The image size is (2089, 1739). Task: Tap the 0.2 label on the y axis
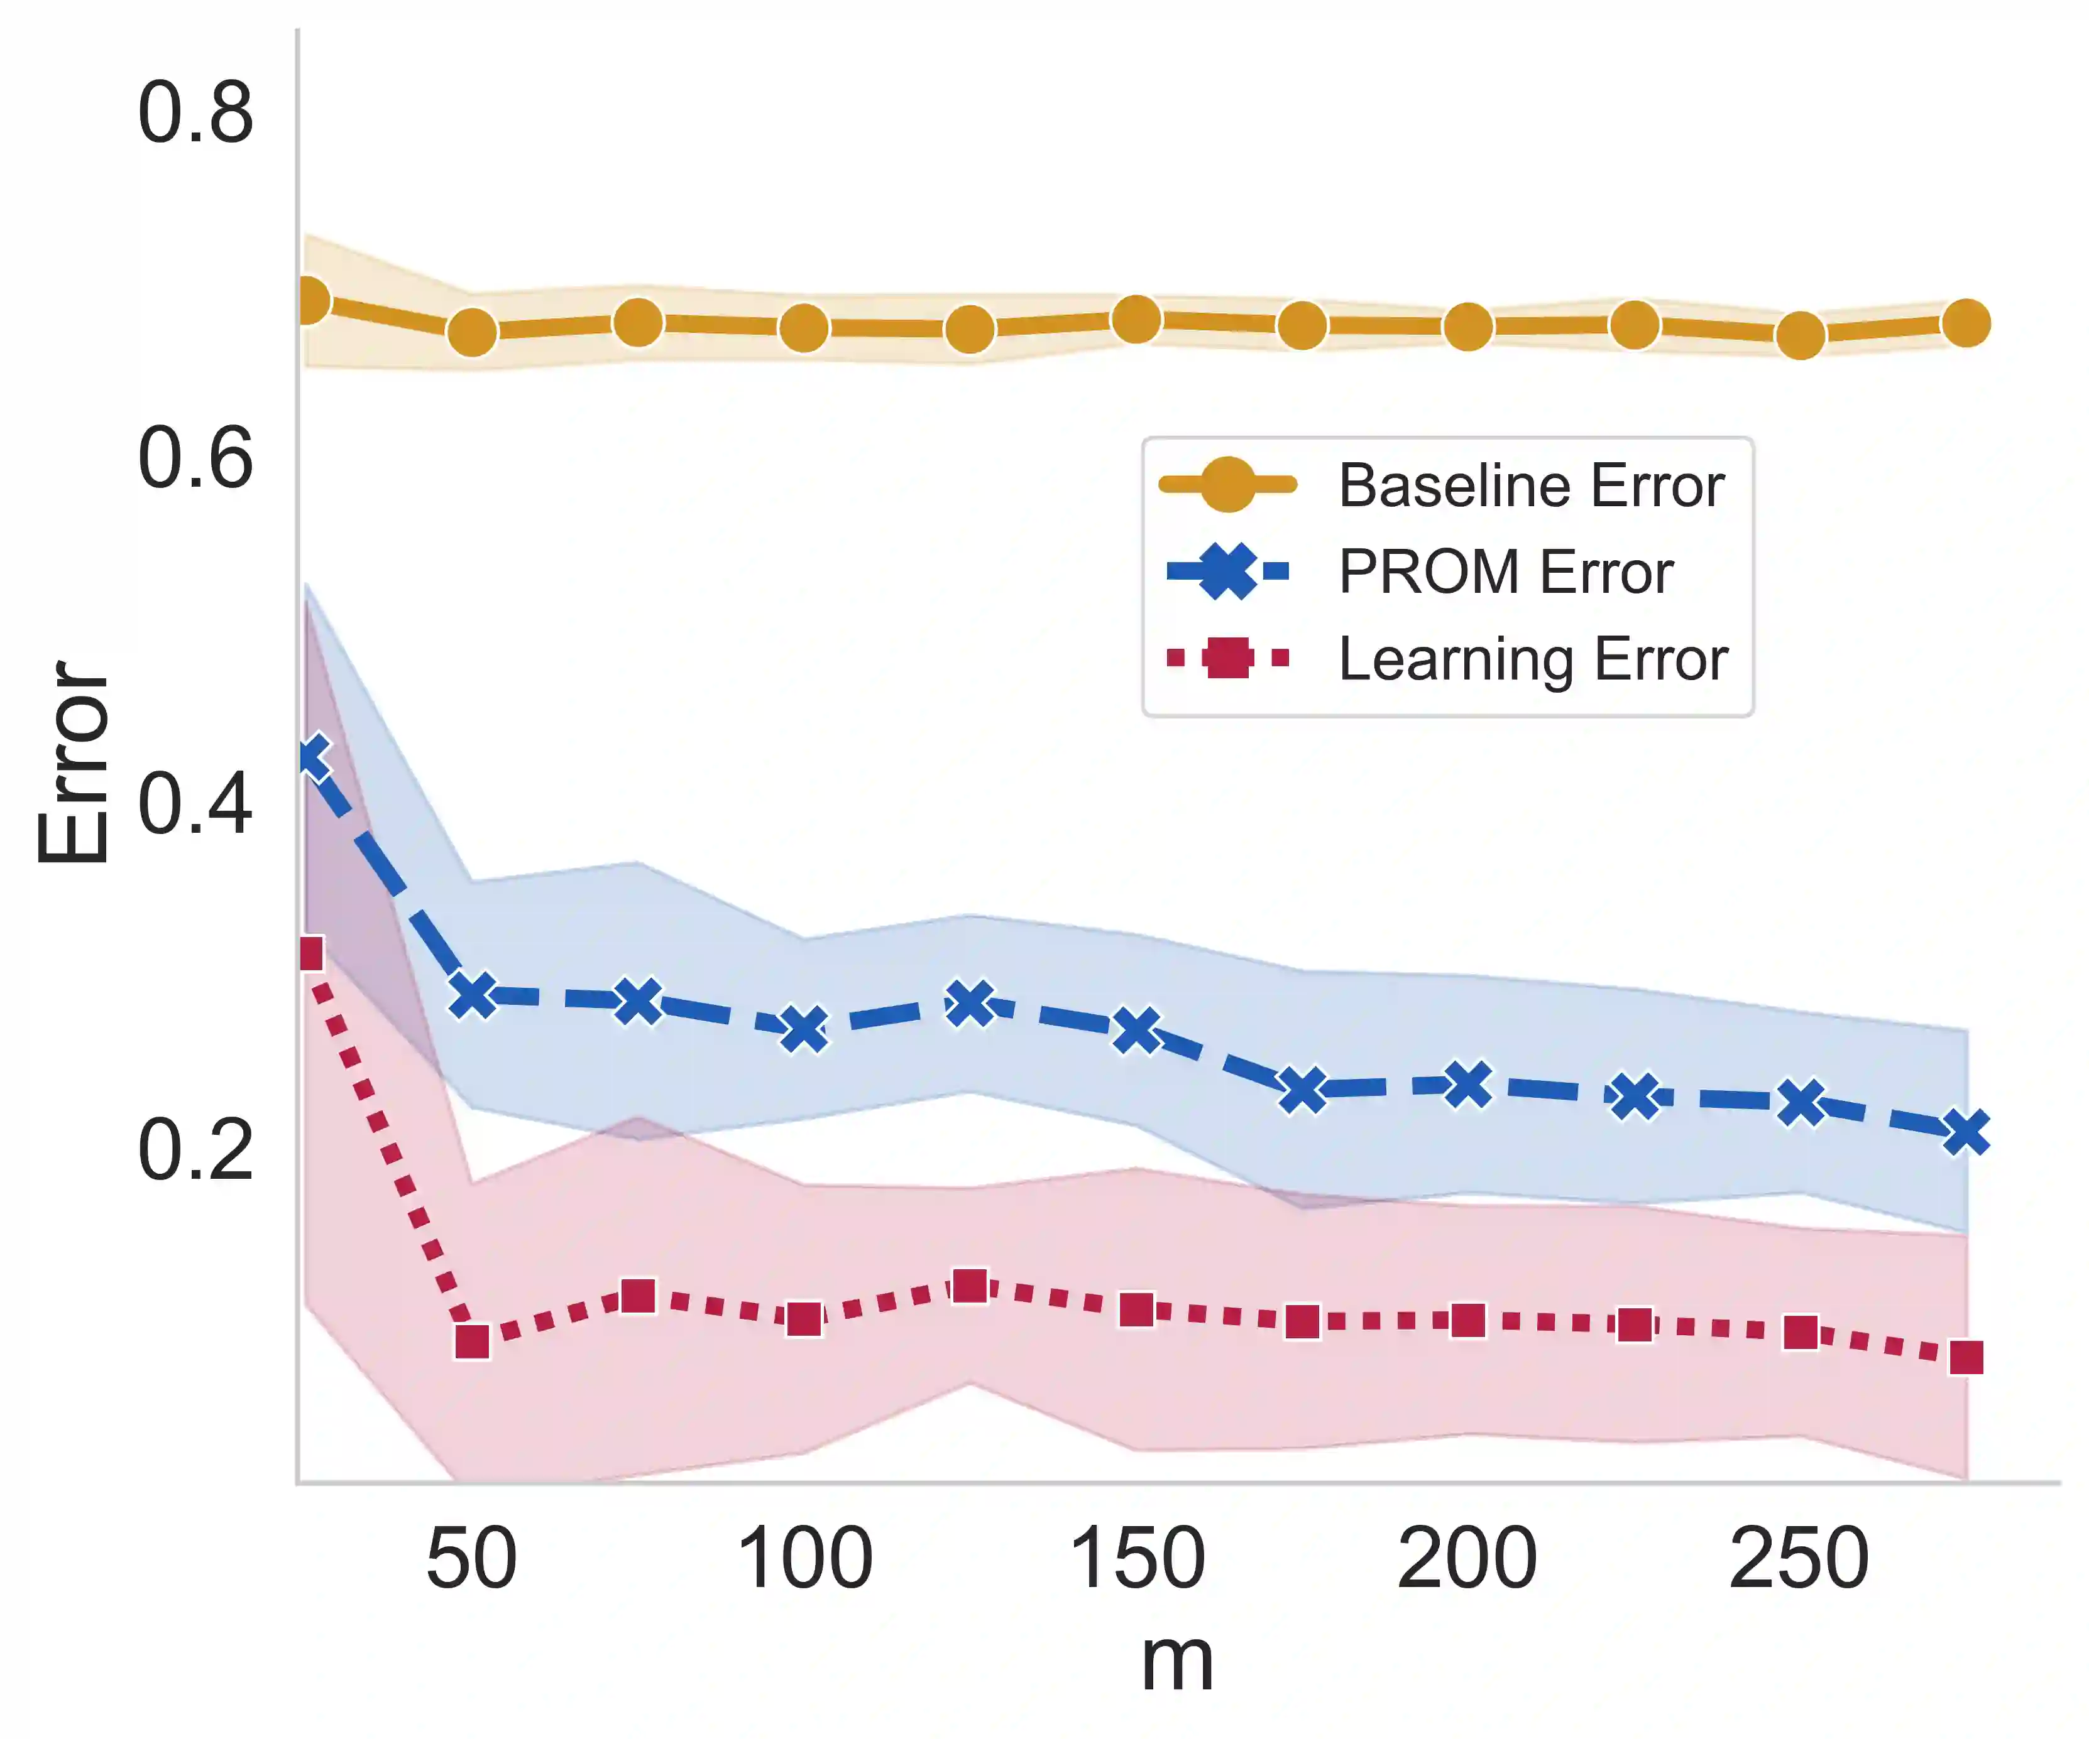195,1151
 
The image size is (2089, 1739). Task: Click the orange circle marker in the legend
1227,485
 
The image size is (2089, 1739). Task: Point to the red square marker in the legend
1227,658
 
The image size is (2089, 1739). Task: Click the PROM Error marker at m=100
804,1029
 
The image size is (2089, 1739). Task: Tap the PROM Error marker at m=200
1467,1085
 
